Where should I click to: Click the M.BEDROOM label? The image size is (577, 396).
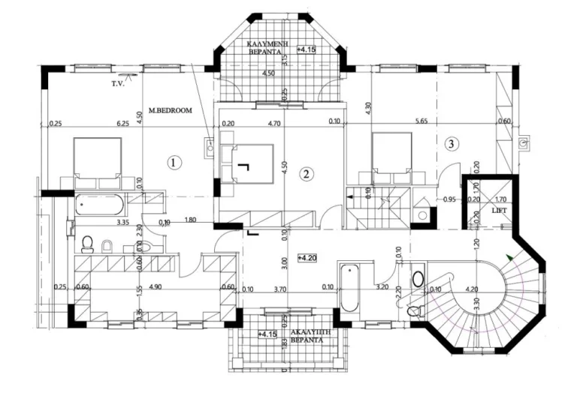point(170,110)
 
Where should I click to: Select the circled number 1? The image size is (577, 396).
point(174,161)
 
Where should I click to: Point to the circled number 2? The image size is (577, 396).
point(306,173)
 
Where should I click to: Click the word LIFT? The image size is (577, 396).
point(499,211)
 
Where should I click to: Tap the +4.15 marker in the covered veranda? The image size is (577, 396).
point(307,50)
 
